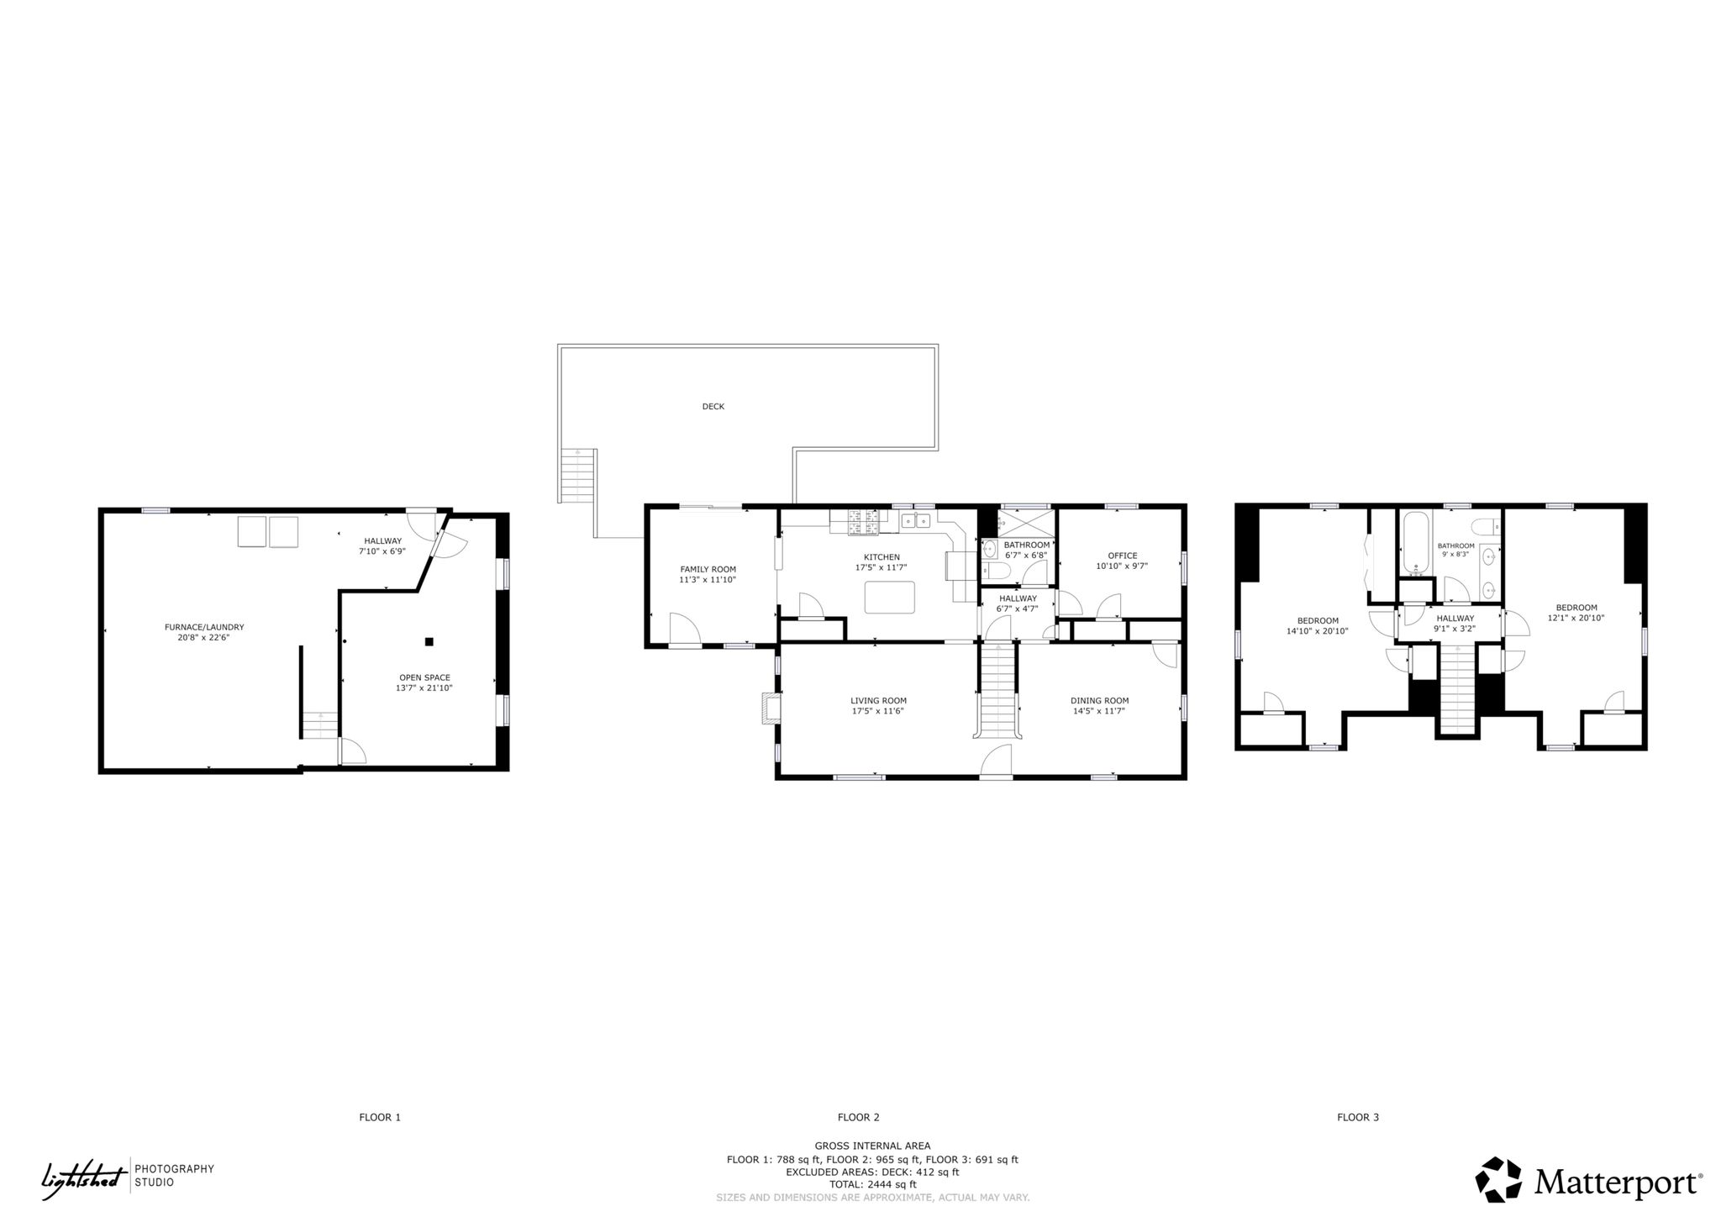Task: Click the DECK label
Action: pyautogui.click(x=713, y=407)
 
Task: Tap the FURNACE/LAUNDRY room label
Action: pyautogui.click(x=204, y=627)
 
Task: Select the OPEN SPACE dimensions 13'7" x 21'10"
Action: pyautogui.click(x=424, y=688)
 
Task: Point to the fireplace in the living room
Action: pyautogui.click(x=770, y=708)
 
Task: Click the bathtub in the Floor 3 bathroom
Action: pyautogui.click(x=1416, y=543)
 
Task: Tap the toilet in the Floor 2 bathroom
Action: pyautogui.click(x=997, y=572)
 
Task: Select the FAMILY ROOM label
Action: pyautogui.click(x=708, y=569)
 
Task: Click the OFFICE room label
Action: pyautogui.click(x=1122, y=556)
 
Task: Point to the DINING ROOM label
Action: pyautogui.click(x=1099, y=700)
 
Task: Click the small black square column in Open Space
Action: pyautogui.click(x=429, y=642)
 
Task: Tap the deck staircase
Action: pyautogui.click(x=579, y=476)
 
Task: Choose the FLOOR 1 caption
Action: pyautogui.click(x=380, y=1117)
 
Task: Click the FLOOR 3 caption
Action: pyautogui.click(x=1358, y=1117)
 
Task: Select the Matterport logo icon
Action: pyautogui.click(x=1500, y=1179)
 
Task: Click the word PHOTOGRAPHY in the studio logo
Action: pyautogui.click(x=175, y=1168)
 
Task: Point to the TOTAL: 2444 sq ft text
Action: pyautogui.click(x=872, y=1184)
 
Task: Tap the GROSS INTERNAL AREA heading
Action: pyautogui.click(x=872, y=1146)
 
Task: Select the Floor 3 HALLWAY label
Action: pyautogui.click(x=1455, y=619)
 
